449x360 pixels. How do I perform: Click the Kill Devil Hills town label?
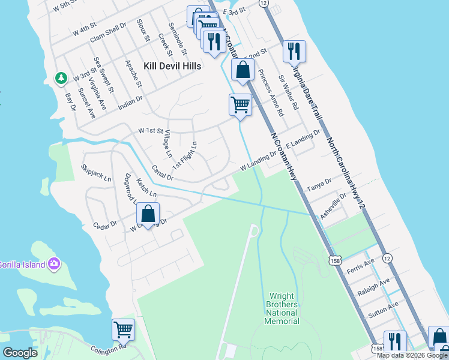pyautogui.click(x=172, y=65)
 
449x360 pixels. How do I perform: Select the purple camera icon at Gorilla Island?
pyautogui.click(x=55, y=263)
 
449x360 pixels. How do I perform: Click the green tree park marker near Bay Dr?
pyautogui.click(x=61, y=78)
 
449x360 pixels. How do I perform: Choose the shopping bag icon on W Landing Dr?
pyautogui.click(x=148, y=213)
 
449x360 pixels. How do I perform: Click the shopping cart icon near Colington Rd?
pyautogui.click(x=123, y=329)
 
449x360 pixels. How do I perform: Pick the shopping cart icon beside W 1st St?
pyautogui.click(x=240, y=104)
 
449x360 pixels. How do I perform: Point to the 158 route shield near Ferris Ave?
pyautogui.click(x=336, y=259)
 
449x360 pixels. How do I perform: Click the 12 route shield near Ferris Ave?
pyautogui.click(x=388, y=258)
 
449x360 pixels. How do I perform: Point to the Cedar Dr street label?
pyautogui.click(x=104, y=226)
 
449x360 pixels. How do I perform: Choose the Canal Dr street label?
pyautogui.click(x=162, y=173)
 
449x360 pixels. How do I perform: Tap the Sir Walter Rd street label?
pyautogui.click(x=289, y=92)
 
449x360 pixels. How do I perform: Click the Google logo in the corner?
pyautogui.click(x=20, y=353)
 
